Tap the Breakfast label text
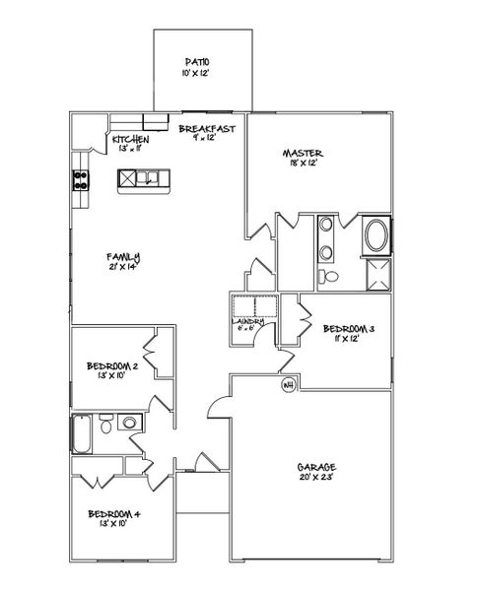point(206,129)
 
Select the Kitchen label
point(129,139)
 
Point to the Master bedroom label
point(303,153)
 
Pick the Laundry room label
point(247,320)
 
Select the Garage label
point(317,467)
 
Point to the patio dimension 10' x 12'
point(198,74)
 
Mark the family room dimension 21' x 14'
point(124,267)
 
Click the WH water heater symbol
point(290,384)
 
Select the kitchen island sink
point(145,178)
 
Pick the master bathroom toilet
point(333,276)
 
